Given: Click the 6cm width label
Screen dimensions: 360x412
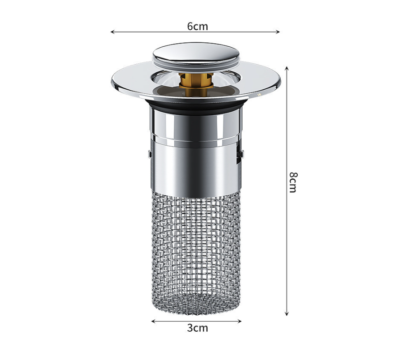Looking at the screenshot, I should point(197,26).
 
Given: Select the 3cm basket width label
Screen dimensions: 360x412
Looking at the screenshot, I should point(197,328).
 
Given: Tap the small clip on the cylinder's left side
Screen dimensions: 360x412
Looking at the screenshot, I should point(149,154).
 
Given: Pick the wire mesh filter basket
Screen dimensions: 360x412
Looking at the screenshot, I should point(195,245).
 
